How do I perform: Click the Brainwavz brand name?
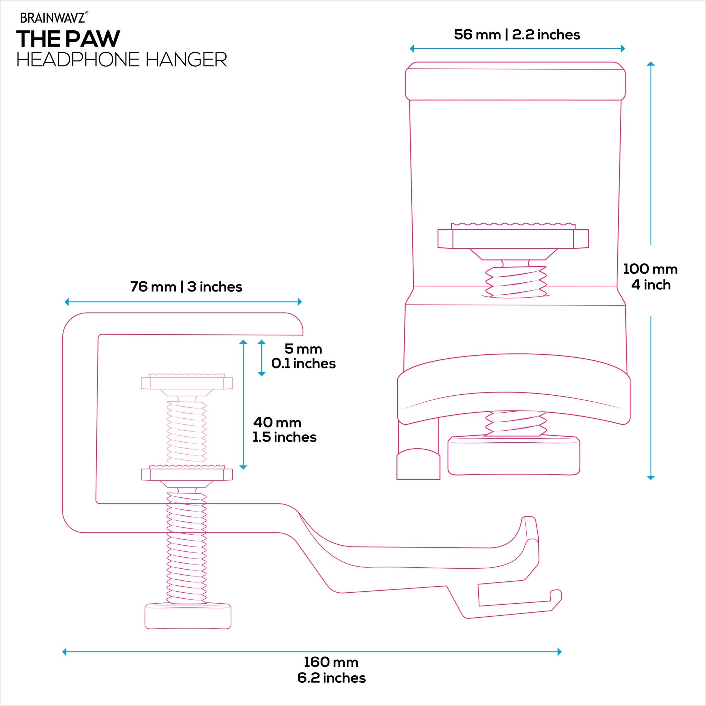point(53,18)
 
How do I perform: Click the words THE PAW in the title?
point(68,39)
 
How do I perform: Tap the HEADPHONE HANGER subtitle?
point(122,60)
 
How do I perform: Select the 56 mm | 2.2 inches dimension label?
point(517,35)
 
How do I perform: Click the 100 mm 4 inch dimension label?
point(651,277)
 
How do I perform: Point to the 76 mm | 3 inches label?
point(186,287)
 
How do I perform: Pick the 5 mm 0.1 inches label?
point(303,356)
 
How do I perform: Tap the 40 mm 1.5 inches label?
point(284,430)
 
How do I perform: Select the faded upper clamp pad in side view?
point(187,383)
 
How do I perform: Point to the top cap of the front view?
point(515,81)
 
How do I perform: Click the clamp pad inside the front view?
point(513,238)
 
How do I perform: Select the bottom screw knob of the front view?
point(514,456)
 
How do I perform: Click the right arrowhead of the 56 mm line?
point(623,48)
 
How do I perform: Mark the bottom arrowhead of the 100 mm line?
point(651,477)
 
